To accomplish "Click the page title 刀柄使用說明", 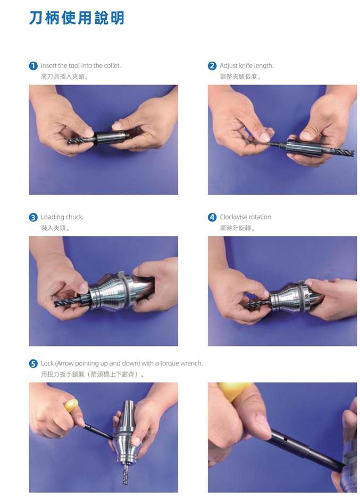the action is (77, 18).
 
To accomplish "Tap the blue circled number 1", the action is (33, 66).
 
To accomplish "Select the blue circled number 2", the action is (212, 66).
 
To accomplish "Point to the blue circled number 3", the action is (33, 218).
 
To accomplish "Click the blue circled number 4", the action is (212, 218).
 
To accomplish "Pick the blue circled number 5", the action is (33, 363).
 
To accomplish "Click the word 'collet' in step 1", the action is (112, 65).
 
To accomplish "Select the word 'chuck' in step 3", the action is (75, 217).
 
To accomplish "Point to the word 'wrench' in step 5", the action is (191, 363).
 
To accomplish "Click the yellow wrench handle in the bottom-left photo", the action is (71, 405).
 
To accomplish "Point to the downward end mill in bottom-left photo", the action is (126, 474).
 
